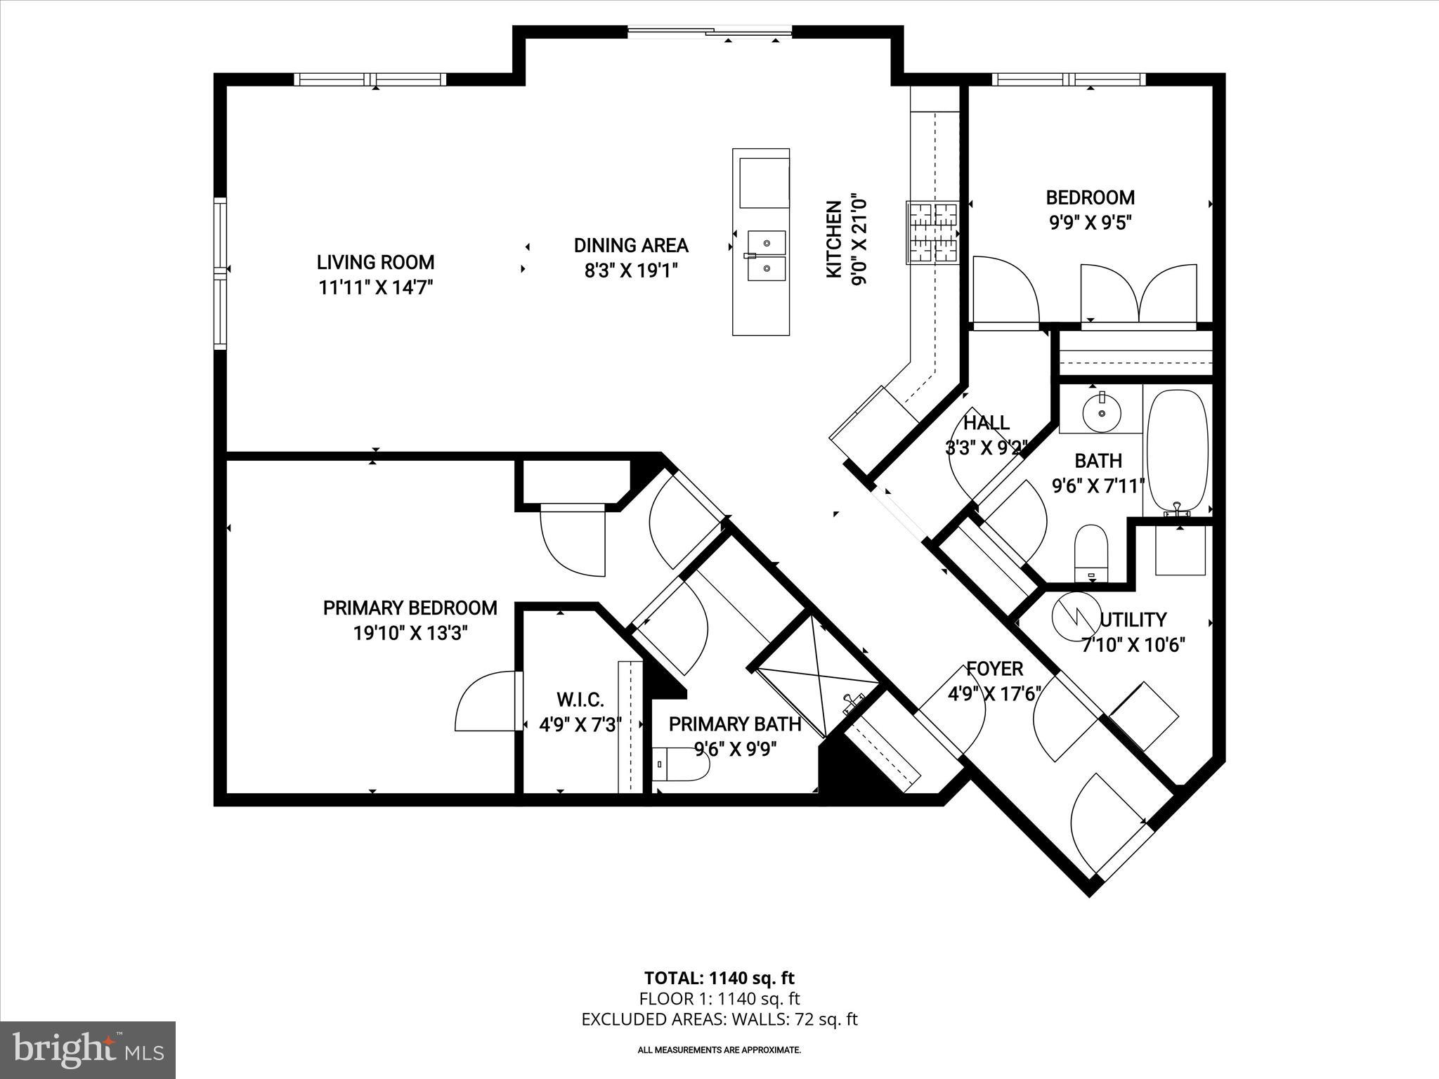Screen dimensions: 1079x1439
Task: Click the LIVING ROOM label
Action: pos(375,263)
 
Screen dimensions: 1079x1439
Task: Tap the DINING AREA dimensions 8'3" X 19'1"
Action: pos(630,271)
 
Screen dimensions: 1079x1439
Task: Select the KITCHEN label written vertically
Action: pos(834,239)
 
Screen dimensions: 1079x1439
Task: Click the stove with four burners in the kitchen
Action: pos(932,233)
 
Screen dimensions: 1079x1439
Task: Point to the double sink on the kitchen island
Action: pos(766,256)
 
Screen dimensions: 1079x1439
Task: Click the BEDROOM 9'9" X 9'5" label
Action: pos(1090,198)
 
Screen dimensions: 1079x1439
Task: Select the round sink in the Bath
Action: pos(1101,412)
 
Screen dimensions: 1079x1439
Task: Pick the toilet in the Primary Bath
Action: pos(682,764)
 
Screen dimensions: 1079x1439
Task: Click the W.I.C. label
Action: pos(580,700)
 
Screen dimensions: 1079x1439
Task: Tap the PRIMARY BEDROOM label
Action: pos(410,608)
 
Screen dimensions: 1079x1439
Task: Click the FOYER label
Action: pos(994,669)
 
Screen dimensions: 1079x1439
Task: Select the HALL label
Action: pos(986,423)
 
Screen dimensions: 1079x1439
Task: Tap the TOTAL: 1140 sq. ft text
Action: pos(719,978)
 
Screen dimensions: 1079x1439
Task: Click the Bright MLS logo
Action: pos(88,1049)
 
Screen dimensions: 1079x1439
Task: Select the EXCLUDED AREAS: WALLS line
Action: pos(719,1019)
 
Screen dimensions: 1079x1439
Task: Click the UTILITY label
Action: pos(1133,620)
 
